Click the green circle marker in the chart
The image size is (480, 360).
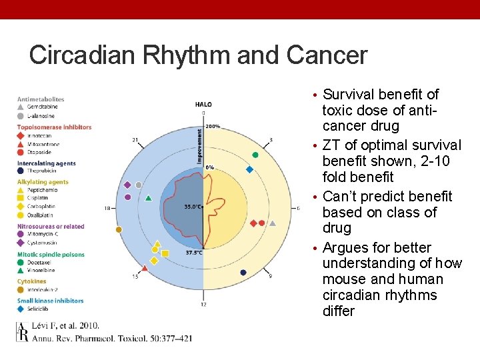click(255, 155)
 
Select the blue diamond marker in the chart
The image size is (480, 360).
click(249, 169)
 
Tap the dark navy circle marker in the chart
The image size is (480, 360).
click(243, 272)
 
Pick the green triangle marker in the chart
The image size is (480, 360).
click(148, 197)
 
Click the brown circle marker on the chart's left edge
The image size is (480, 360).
click(119, 229)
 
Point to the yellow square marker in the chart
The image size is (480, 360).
click(165, 253)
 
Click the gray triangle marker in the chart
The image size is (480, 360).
click(157, 244)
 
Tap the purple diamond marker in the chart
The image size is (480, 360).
click(127, 185)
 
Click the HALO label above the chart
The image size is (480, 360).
click(203, 105)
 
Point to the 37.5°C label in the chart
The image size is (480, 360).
click(194, 253)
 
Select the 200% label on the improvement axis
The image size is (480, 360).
click(213, 126)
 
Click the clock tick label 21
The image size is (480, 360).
click(135, 140)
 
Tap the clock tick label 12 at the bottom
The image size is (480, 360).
click(203, 305)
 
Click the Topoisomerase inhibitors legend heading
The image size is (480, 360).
click(54, 127)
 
